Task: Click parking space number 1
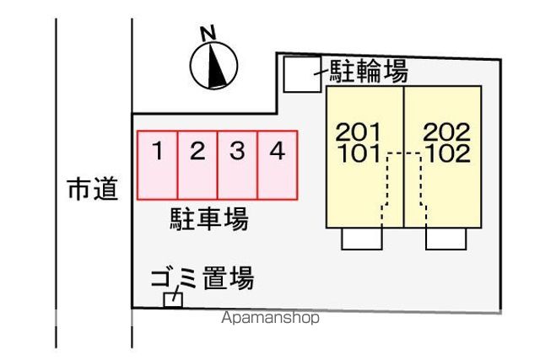158,165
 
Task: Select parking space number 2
197,165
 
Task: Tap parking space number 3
238,165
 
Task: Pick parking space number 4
278,165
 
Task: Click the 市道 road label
93,189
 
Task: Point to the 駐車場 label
209,219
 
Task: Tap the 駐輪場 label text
369,71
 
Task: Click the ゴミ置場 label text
202,278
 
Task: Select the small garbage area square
173,300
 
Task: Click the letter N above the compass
208,33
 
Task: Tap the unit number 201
358,132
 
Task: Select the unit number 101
359,153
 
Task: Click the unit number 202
446,132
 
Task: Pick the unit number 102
448,153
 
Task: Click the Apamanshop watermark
270,318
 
